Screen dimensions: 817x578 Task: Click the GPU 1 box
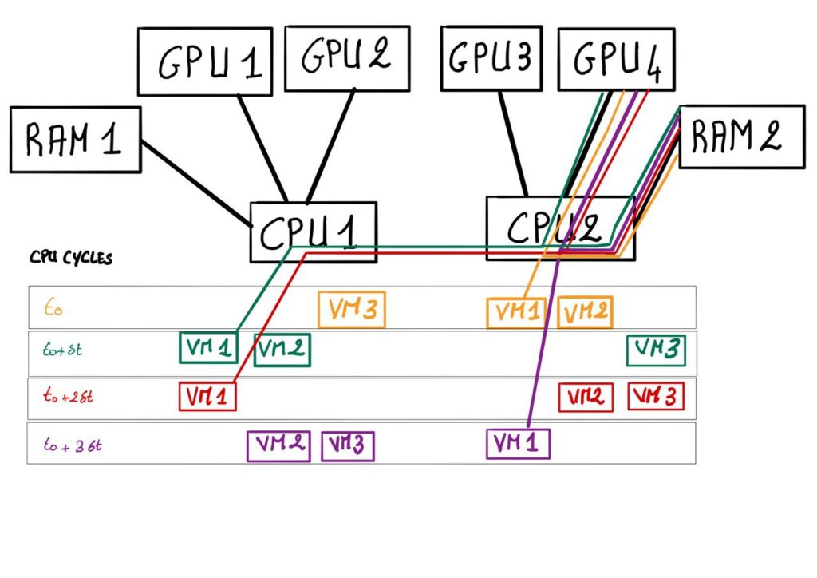click(x=204, y=62)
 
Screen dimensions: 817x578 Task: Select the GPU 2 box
click(x=345, y=56)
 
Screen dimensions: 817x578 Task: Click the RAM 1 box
click(x=75, y=140)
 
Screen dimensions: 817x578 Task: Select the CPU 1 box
click(x=313, y=231)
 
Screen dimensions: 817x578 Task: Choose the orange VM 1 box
click(x=515, y=312)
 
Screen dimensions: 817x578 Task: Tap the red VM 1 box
click(x=207, y=396)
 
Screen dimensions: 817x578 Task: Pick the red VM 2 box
click(x=586, y=397)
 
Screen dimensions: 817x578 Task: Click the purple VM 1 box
click(x=518, y=443)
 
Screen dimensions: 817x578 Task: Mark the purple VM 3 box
click(x=348, y=445)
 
